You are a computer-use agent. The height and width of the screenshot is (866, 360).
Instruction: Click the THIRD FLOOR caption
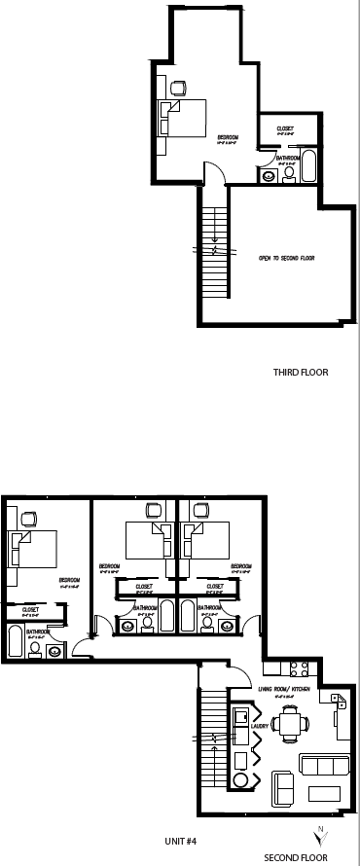click(301, 372)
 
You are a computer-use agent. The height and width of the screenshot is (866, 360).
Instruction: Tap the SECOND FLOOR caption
click(296, 857)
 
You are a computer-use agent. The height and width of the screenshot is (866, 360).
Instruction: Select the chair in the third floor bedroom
click(177, 88)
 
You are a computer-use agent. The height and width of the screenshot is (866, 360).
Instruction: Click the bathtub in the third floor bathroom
click(308, 165)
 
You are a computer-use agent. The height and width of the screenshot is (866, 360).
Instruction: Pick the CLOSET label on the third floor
click(285, 128)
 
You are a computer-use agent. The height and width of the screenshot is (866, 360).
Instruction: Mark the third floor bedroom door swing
click(217, 172)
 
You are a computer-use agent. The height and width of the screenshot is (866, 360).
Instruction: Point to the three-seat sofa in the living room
click(322, 765)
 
